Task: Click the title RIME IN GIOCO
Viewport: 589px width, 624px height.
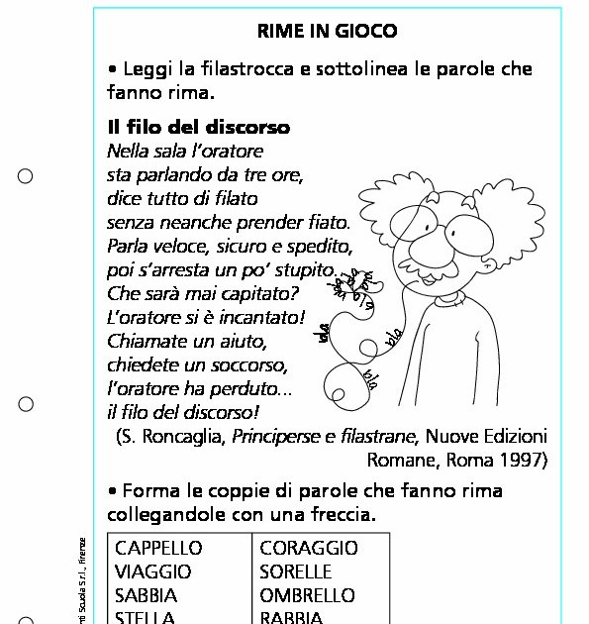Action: [327, 32]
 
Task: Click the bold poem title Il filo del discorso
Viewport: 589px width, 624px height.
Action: [198, 129]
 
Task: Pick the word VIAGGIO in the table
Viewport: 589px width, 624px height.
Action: [153, 572]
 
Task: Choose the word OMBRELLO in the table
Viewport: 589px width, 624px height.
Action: [307, 596]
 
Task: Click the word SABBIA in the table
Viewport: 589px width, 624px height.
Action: [147, 596]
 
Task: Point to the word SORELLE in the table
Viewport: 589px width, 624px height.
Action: [296, 572]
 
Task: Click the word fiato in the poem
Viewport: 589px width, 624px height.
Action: [327, 223]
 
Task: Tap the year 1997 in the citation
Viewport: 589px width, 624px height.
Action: [525, 460]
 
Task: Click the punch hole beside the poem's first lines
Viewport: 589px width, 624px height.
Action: [27, 176]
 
